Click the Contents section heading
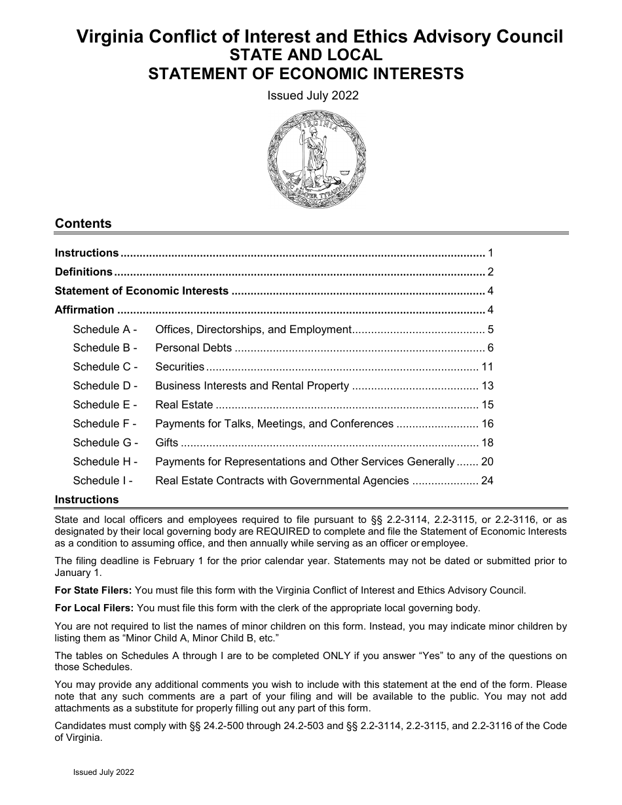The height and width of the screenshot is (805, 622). [x=83, y=224]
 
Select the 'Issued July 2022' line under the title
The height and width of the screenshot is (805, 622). [x=313, y=96]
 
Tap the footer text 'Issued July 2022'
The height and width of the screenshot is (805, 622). [x=103, y=772]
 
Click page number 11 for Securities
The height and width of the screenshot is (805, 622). [x=487, y=367]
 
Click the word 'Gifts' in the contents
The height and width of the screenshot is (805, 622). [x=167, y=443]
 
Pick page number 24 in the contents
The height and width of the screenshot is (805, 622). [x=487, y=481]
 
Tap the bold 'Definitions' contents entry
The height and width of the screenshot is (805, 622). [x=84, y=272]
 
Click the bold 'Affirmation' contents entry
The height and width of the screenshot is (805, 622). [x=84, y=310]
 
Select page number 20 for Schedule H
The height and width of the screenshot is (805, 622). [x=487, y=462]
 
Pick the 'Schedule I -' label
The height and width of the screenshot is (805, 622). [x=103, y=481]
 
